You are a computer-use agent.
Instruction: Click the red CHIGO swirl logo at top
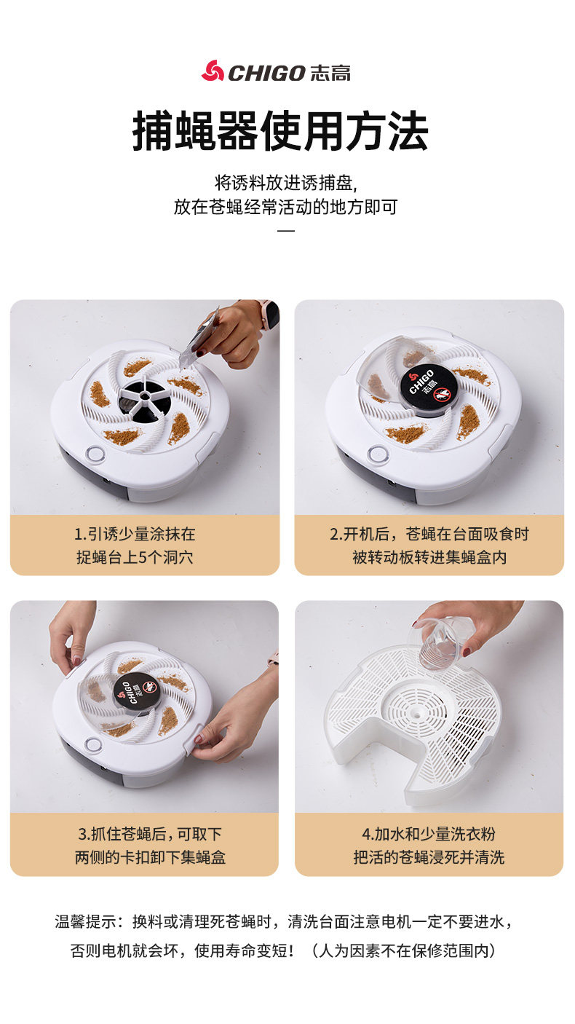click(213, 71)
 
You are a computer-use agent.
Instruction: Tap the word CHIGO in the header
click(266, 74)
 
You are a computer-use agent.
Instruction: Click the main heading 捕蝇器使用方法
click(280, 131)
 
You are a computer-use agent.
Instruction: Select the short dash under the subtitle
click(286, 230)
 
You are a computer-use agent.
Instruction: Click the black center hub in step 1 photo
click(145, 401)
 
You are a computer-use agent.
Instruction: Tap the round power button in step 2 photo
click(378, 454)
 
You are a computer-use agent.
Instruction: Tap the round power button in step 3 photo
click(93, 744)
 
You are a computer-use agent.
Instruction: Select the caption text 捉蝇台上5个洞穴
click(135, 557)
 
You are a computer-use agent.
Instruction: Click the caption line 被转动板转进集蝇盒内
click(429, 557)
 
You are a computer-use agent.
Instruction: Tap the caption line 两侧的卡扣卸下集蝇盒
click(150, 857)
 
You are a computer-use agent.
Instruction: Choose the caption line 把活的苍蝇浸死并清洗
click(429, 857)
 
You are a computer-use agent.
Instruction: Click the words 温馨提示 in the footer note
click(86, 921)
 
